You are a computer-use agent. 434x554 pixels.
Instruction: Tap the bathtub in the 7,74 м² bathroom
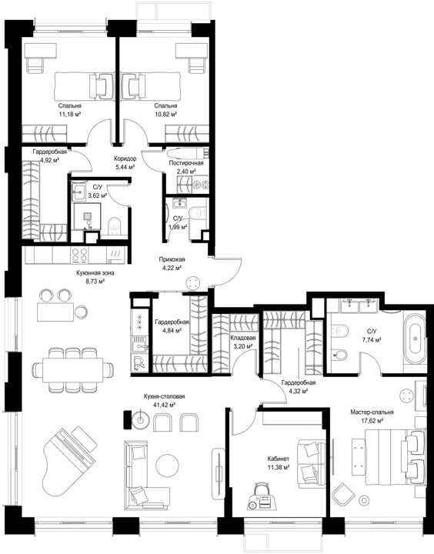pos(415,339)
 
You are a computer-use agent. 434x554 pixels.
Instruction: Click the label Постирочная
pos(186,163)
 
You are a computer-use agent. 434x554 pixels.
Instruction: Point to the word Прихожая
pos(172,259)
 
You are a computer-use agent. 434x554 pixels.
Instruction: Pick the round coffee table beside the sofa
pos(167,465)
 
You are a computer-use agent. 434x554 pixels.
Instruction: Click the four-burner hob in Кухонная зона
pos(79,255)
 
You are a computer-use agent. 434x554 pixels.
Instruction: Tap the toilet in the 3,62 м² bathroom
pos(114,226)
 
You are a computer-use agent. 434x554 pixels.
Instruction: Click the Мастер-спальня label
pos(372,412)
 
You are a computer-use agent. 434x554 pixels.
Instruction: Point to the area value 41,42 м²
pos(165,405)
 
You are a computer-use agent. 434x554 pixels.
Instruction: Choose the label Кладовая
pos(243,338)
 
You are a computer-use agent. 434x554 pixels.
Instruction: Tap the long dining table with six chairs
pos(73,370)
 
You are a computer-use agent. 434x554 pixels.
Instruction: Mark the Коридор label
pos(125,159)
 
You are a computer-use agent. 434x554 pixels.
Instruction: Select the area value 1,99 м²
pos(178,227)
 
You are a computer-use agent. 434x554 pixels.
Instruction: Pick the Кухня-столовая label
pos(165,396)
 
